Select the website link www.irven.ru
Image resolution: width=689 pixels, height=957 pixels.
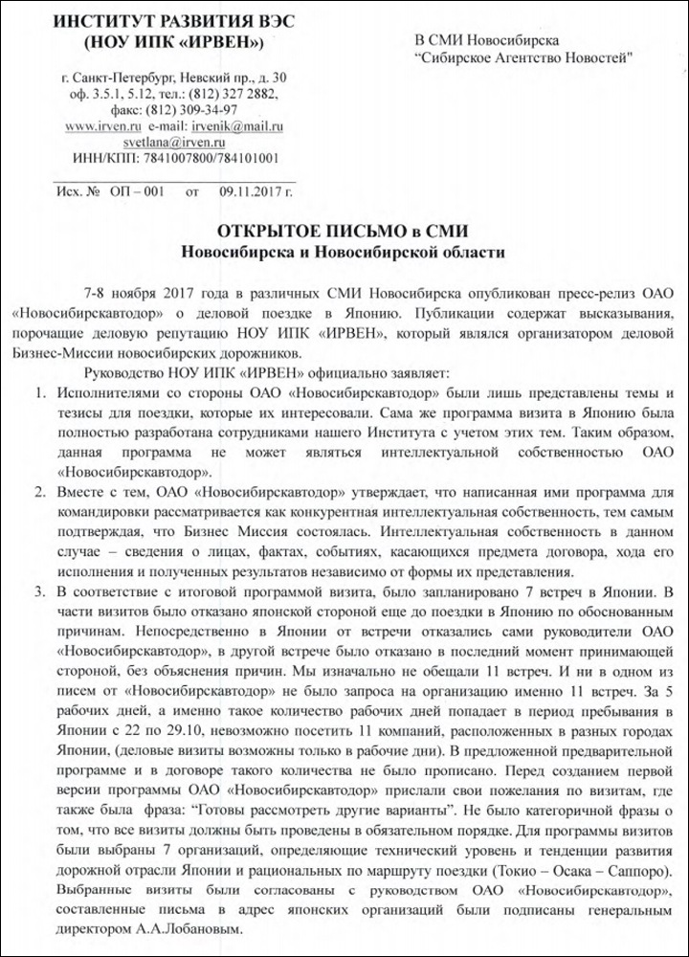(103, 126)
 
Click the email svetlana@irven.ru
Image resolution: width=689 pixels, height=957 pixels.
(172, 142)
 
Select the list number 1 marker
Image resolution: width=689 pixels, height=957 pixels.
(39, 393)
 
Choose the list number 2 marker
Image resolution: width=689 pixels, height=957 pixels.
(39, 494)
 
